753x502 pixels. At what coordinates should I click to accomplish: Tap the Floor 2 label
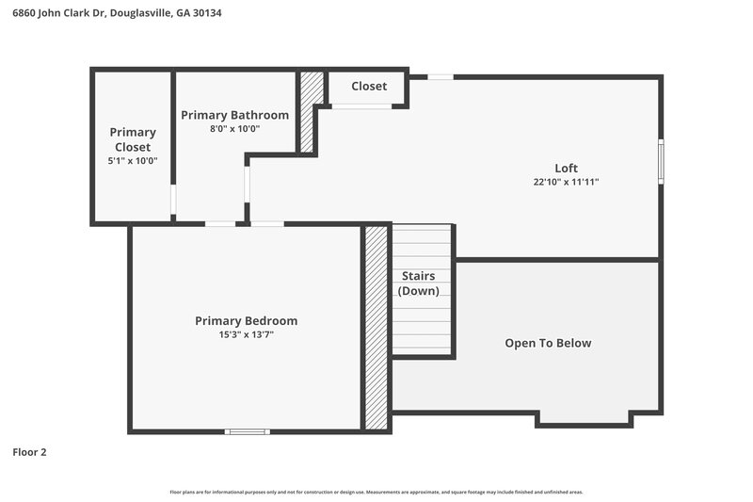point(29,452)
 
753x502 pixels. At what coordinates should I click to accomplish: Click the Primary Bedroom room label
point(246,320)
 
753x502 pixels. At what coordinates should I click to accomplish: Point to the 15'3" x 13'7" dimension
point(246,334)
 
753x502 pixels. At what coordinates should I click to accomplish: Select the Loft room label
point(566,168)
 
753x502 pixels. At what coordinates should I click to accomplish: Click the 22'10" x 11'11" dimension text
point(566,182)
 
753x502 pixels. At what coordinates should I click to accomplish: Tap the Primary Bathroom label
point(234,115)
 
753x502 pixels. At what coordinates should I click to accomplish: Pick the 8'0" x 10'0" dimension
point(234,129)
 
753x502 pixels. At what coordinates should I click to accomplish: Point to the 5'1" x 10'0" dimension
point(133,161)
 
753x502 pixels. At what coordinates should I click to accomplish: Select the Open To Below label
point(548,343)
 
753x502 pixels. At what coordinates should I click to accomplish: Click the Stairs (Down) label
point(418,283)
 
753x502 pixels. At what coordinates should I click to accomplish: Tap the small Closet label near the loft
point(369,86)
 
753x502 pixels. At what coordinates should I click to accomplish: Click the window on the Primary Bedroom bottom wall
point(247,431)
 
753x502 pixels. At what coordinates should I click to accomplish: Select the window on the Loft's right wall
point(661,161)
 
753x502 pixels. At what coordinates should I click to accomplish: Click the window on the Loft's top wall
point(440,76)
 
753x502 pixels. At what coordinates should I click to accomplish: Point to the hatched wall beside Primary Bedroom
point(376,327)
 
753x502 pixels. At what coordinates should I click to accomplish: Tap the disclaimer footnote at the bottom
point(376,492)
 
